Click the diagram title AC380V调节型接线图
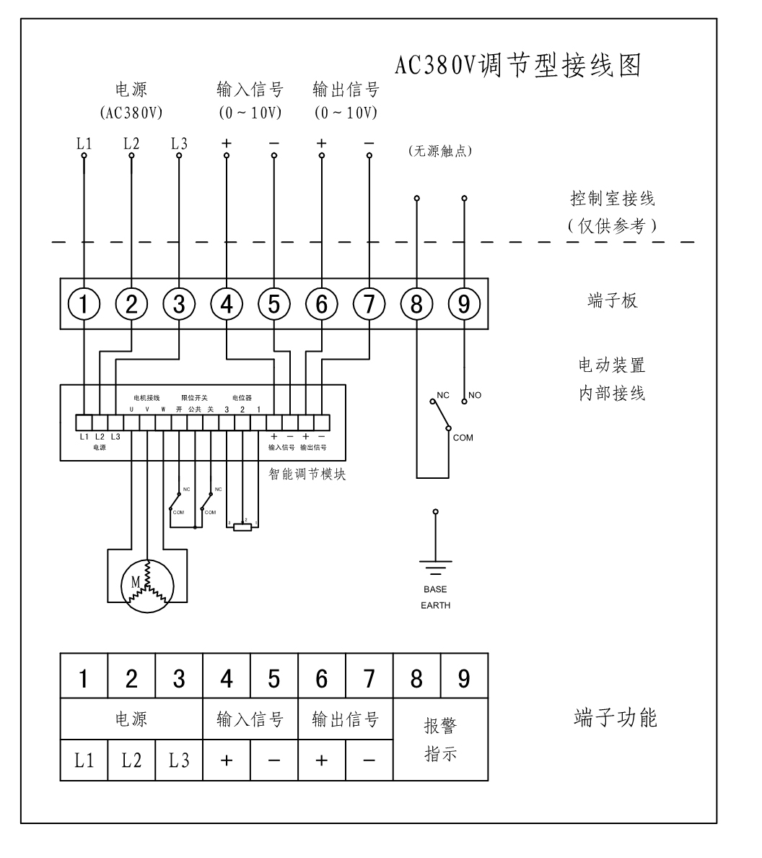518,66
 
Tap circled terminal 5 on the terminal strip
273,305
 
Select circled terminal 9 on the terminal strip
464,305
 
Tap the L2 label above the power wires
131,143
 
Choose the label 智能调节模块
303,474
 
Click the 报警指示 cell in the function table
440,740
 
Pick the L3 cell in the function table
179,760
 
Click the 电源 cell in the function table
131,719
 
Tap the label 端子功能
616,719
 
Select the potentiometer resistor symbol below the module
242,527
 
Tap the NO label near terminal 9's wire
475,395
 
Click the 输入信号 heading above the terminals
250,90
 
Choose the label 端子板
613,301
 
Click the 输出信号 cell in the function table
345,719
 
